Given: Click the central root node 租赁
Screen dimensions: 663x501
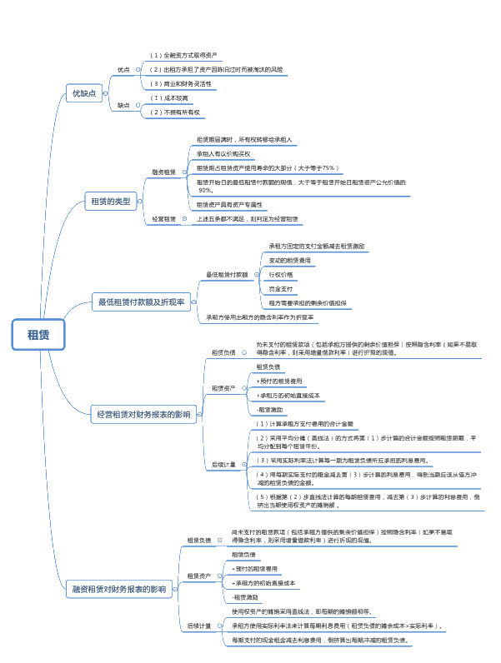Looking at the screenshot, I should pos(38,335).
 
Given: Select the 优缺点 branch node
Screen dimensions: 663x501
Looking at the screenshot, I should pos(84,94).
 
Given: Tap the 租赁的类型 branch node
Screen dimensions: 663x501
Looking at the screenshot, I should pos(111,201).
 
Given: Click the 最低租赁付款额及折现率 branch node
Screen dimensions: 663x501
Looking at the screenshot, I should pos(141,302).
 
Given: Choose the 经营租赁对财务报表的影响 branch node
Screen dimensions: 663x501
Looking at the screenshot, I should pos(143,414).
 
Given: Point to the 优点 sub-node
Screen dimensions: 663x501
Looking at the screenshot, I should pos(123,69).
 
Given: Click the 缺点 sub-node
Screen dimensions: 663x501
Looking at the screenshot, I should pos(123,105).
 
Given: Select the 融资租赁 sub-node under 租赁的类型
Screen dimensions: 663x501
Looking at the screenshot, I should pos(163,172).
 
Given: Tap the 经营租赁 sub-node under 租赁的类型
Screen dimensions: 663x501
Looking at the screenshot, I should pos(163,219).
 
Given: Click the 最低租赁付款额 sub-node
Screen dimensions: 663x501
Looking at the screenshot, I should pos(227,274).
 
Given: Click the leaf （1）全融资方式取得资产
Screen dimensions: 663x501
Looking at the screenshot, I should pos(183,55).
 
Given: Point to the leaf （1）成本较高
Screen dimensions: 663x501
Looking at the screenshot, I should pos(170,97).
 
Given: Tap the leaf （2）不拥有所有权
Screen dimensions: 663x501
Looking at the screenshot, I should pos(176,112).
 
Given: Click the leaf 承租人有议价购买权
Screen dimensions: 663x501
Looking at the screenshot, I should pos(223,153).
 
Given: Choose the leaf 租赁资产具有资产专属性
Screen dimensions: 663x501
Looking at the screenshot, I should pos(229,204).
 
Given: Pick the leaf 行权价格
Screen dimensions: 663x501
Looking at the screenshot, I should pos(281,274).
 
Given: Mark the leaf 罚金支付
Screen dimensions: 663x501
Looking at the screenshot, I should pos(281,288).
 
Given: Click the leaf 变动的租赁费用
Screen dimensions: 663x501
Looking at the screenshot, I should pos(290,260).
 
